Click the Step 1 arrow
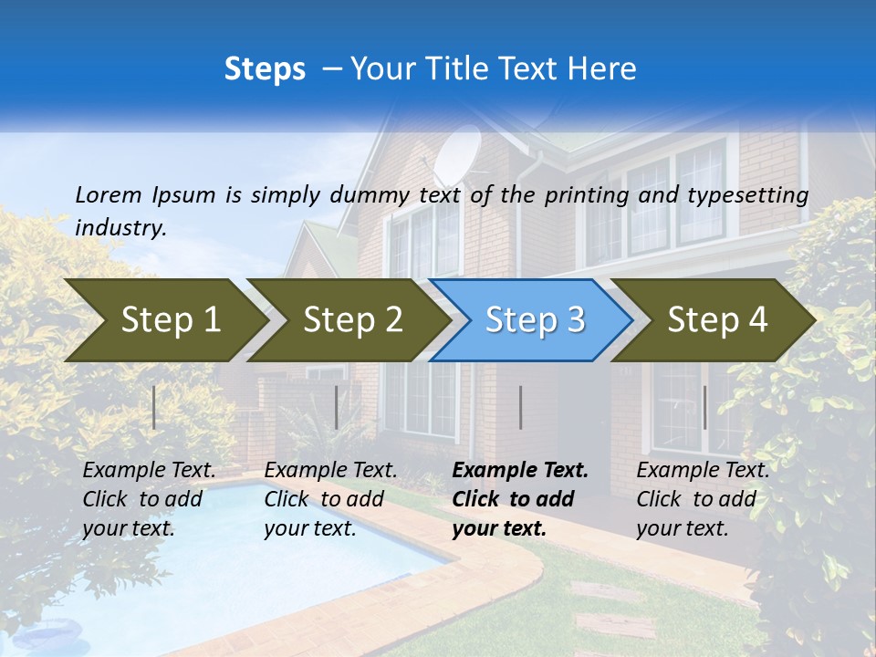(x=164, y=320)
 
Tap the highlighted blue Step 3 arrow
(x=534, y=320)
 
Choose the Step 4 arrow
(x=716, y=320)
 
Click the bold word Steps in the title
(x=265, y=68)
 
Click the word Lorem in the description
(x=108, y=194)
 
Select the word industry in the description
(x=120, y=228)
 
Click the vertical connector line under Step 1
(x=154, y=407)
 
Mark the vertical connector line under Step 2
(x=337, y=407)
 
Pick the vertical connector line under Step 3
(x=520, y=407)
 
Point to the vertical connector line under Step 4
(x=704, y=407)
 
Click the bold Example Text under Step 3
(x=520, y=471)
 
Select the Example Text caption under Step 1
(x=149, y=471)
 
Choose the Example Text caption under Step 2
(x=330, y=471)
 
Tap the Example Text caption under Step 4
(x=703, y=471)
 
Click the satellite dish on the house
(x=457, y=155)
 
